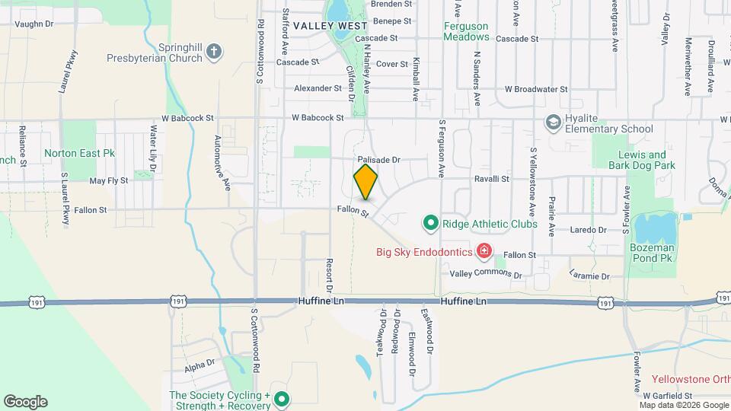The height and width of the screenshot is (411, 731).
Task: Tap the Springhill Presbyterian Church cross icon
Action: (215, 52)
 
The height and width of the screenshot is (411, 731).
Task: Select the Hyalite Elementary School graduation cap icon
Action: (553, 123)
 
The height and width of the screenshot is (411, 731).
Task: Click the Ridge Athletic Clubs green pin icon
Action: (430, 224)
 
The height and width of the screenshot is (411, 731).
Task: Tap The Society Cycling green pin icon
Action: (281, 397)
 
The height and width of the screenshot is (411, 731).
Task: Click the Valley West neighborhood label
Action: (320, 26)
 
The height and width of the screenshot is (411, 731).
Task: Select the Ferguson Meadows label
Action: (466, 31)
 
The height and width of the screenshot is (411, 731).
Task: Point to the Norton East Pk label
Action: (79, 153)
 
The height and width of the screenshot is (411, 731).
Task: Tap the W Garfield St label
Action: (667, 396)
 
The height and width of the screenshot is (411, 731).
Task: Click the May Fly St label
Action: (107, 181)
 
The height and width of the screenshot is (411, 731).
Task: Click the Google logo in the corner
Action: (25, 402)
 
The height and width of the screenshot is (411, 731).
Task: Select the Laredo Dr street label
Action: (591, 229)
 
